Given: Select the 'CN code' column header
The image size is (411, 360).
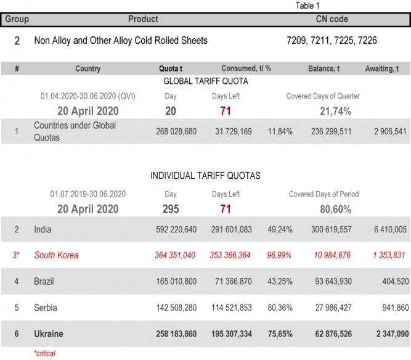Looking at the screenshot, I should (332, 19).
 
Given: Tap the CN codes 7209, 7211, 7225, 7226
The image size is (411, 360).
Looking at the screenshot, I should (332, 41).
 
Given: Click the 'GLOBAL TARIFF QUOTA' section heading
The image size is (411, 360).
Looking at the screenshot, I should (206, 81).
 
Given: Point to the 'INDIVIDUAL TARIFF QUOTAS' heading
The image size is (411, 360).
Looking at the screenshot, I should (205, 176).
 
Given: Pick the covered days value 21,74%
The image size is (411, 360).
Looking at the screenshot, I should (335, 111).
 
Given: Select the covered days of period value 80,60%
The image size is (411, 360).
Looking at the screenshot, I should (335, 209).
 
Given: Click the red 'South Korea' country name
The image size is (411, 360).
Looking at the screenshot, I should (56, 255).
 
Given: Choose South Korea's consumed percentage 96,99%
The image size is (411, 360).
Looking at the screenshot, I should (279, 255).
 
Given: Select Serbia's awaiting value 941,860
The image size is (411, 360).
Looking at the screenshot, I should (389, 307).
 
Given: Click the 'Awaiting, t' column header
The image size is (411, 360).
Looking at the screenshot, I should (385, 68).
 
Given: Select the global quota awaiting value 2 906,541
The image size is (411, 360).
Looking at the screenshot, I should (385, 131).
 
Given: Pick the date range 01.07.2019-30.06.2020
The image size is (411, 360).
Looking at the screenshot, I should (87, 194).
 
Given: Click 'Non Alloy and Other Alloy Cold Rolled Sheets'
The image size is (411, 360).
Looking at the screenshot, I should (121, 41).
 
